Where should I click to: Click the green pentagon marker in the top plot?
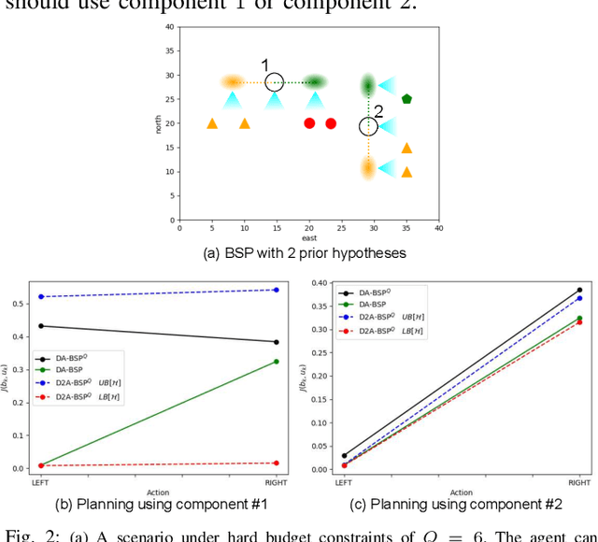[x=406, y=98]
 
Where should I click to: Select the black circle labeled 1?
[x=274, y=82]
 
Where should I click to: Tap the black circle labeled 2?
[x=368, y=126]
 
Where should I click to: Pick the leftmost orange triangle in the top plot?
[x=212, y=123]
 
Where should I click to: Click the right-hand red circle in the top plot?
[x=331, y=123]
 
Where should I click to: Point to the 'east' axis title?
[x=308, y=238]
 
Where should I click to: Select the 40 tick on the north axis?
[x=170, y=26]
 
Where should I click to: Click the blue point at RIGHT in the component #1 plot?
[x=276, y=290]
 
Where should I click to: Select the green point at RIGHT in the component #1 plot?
[x=276, y=362]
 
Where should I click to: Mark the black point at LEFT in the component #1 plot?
[x=41, y=326]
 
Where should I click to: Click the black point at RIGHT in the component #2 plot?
[x=579, y=290]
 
